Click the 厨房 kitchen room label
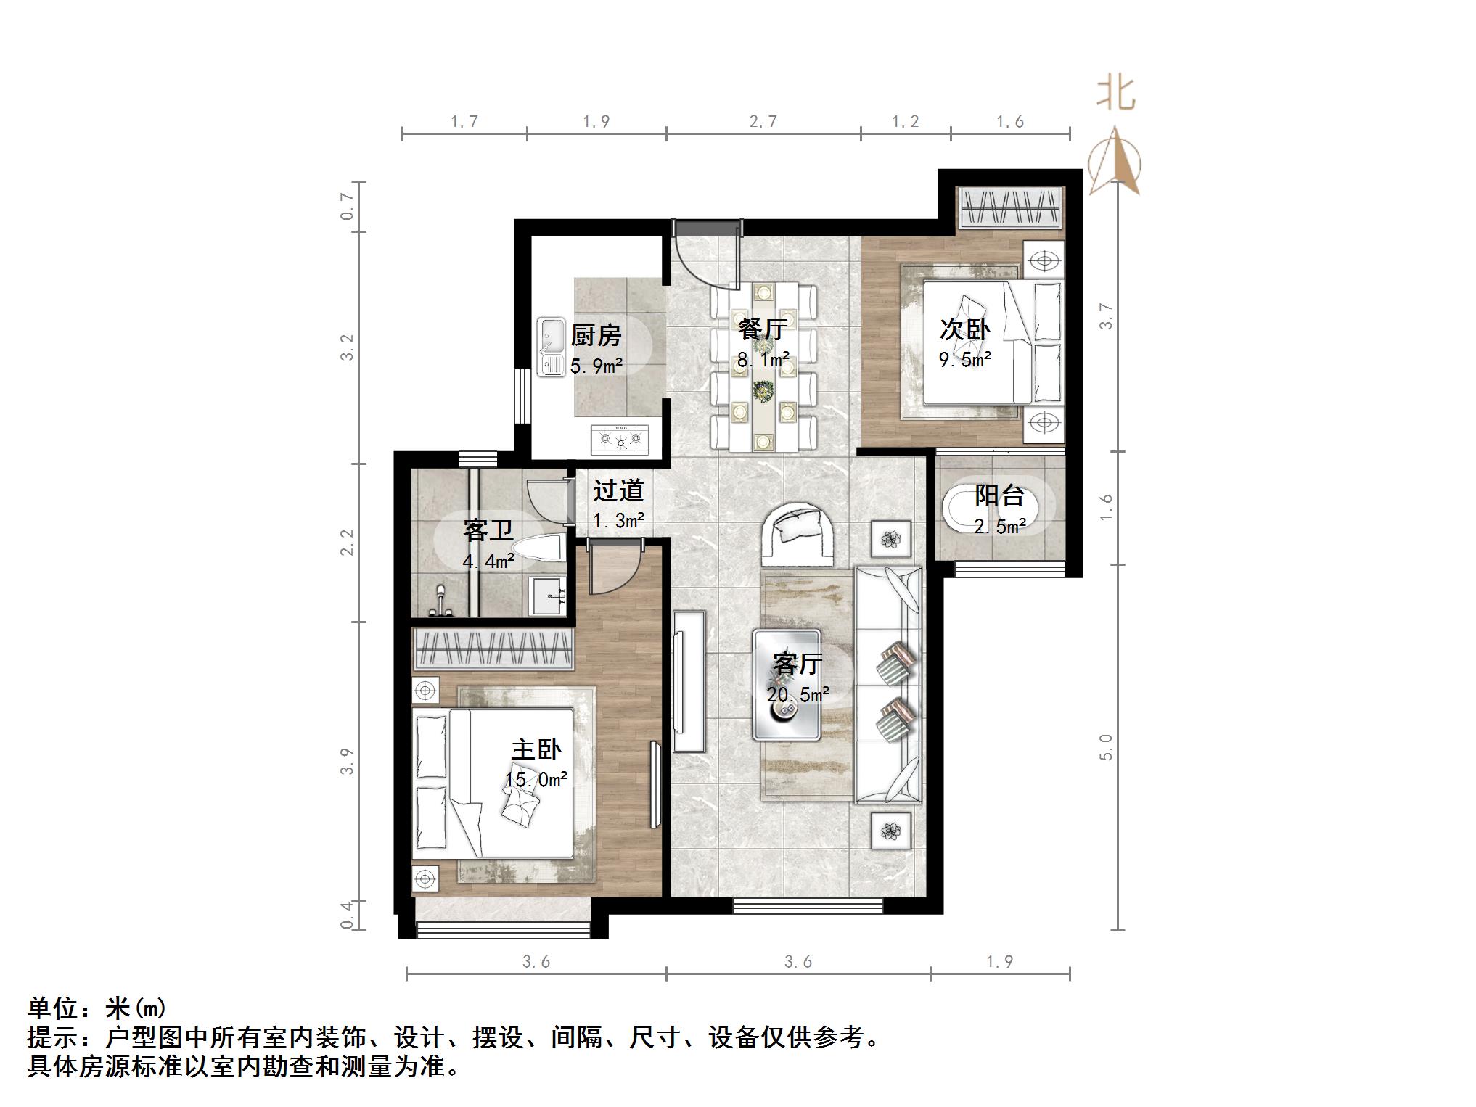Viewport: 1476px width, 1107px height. pyautogui.click(x=596, y=336)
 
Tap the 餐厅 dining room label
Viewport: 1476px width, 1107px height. pyautogui.click(x=762, y=329)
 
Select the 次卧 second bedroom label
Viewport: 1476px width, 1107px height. pyautogui.click(x=964, y=329)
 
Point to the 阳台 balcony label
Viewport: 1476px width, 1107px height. pyautogui.click(x=999, y=496)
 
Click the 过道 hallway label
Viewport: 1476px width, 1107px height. pyautogui.click(x=618, y=491)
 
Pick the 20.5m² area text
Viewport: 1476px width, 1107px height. pyautogui.click(x=798, y=695)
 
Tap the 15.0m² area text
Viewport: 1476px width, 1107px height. pyautogui.click(x=536, y=780)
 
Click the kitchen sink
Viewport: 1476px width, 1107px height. pyautogui.click(x=552, y=347)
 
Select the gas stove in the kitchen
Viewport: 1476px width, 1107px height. pyautogui.click(x=620, y=439)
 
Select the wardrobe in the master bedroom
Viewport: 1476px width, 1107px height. pyautogui.click(x=493, y=648)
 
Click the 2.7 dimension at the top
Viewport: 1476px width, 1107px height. pyautogui.click(x=763, y=122)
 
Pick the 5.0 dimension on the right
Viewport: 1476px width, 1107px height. pyautogui.click(x=1105, y=746)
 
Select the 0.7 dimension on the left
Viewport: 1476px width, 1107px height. pyautogui.click(x=348, y=206)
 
